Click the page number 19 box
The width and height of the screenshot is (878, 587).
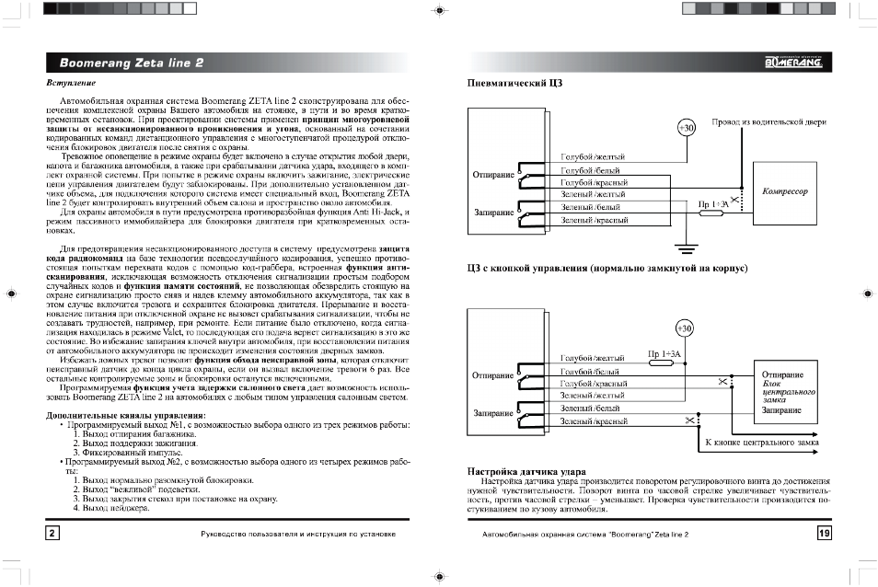824,534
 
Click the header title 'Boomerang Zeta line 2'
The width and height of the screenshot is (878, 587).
133,63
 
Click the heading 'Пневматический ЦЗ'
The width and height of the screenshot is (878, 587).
515,84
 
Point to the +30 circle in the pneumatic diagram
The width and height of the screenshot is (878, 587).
686,127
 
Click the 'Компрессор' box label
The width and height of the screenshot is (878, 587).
785,192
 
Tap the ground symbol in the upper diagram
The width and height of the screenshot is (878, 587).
682,247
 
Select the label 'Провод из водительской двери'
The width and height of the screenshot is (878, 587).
769,121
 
